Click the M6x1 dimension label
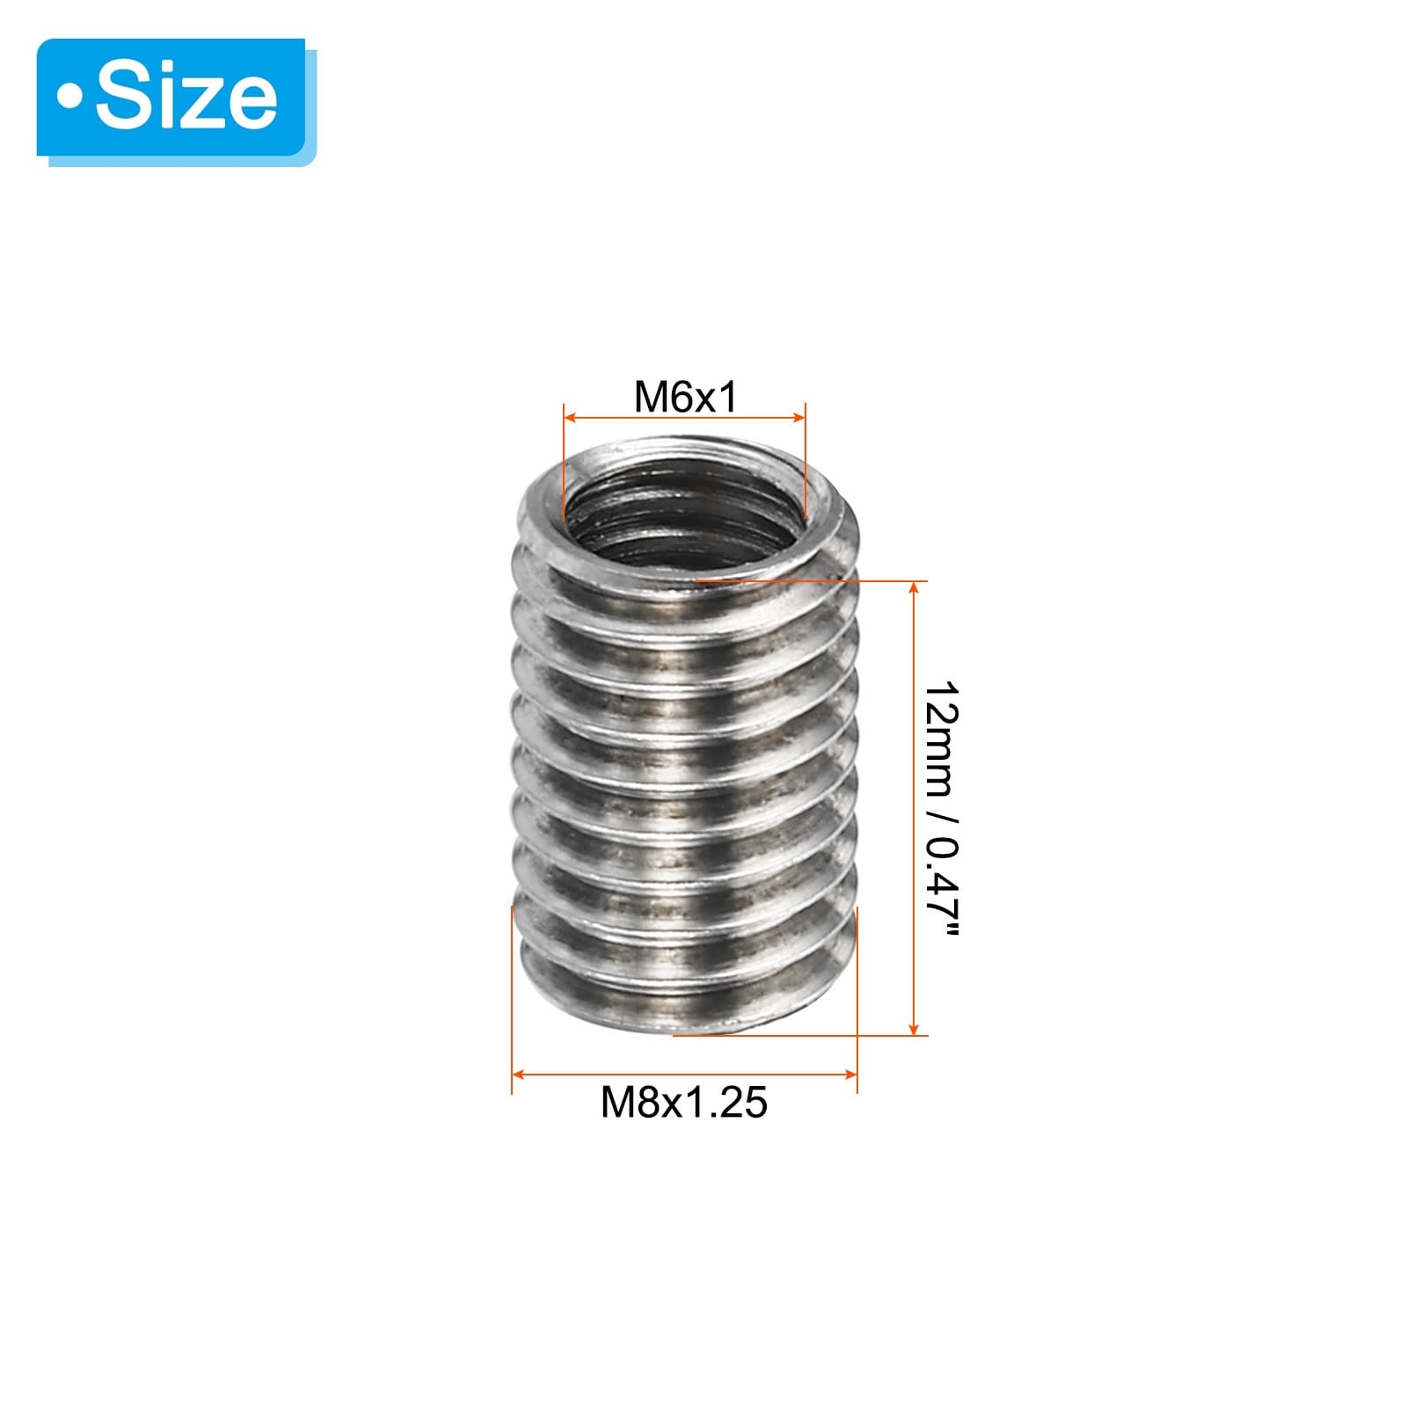pyautogui.click(x=685, y=397)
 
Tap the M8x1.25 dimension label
pyautogui.click(x=683, y=1102)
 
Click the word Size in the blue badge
pyautogui.click(x=186, y=97)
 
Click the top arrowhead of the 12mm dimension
pyautogui.click(x=915, y=588)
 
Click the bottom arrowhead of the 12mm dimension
pyautogui.click(x=915, y=1028)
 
